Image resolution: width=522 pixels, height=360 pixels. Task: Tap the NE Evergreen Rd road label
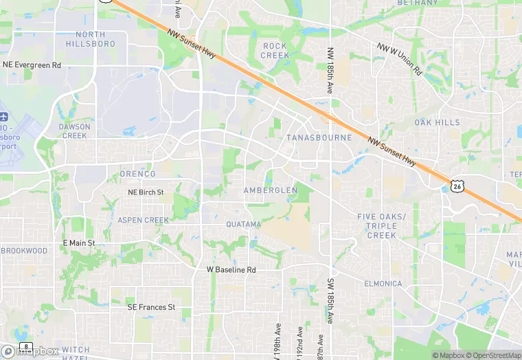pyautogui.click(x=32, y=65)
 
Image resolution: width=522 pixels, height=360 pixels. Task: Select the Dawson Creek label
pyautogui.click(x=74, y=131)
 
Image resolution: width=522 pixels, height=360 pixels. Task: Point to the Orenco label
pyautogui.click(x=137, y=174)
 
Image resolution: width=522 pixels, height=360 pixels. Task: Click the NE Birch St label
pyautogui.click(x=146, y=192)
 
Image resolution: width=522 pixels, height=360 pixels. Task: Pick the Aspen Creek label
pyautogui.click(x=143, y=220)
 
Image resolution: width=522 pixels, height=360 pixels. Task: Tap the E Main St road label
pyautogui.click(x=78, y=243)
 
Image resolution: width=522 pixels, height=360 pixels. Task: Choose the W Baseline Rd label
pyautogui.click(x=231, y=270)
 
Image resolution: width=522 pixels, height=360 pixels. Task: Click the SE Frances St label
pyautogui.click(x=151, y=307)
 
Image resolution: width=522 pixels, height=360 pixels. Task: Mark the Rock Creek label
pyautogui.click(x=275, y=50)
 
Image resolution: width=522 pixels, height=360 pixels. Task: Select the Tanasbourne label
pyautogui.click(x=319, y=137)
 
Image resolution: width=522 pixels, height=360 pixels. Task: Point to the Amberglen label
pyautogui.click(x=271, y=190)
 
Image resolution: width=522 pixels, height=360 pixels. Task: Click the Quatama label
pyautogui.click(x=244, y=225)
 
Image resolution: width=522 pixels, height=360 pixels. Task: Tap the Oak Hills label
pyautogui.click(x=438, y=122)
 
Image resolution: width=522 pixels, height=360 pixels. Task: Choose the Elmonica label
pyautogui.click(x=383, y=284)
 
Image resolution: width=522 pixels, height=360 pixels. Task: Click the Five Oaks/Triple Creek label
pyautogui.click(x=382, y=226)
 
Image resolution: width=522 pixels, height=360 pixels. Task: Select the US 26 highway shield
pyautogui.click(x=457, y=185)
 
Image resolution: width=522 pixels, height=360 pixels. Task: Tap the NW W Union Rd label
pyautogui.click(x=399, y=58)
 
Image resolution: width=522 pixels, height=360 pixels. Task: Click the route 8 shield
pyautogui.click(x=26, y=346)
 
